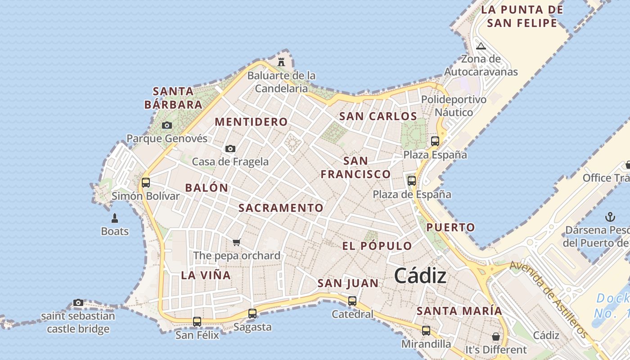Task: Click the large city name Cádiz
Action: [x=420, y=276]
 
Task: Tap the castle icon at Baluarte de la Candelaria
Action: [x=282, y=62]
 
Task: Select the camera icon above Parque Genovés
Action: [x=167, y=125]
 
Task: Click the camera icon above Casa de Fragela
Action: [x=230, y=148]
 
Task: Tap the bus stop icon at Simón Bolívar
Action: [x=145, y=183]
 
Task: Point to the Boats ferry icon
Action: [x=115, y=219]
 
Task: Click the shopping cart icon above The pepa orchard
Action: [x=237, y=242]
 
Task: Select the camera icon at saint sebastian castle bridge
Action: [x=78, y=302]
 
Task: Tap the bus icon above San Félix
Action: [x=197, y=322]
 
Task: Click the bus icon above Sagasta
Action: [x=252, y=314]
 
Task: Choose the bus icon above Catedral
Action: [x=352, y=301]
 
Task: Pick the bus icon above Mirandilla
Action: [x=426, y=331]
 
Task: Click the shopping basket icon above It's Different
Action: [x=496, y=337]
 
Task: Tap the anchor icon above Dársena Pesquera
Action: [x=610, y=217]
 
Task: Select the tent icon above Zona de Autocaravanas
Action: [x=481, y=46]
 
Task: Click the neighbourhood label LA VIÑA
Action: [x=206, y=275]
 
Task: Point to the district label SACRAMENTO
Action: [x=281, y=208]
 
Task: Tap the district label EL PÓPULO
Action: [x=377, y=246]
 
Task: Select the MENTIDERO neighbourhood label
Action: [x=251, y=121]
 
